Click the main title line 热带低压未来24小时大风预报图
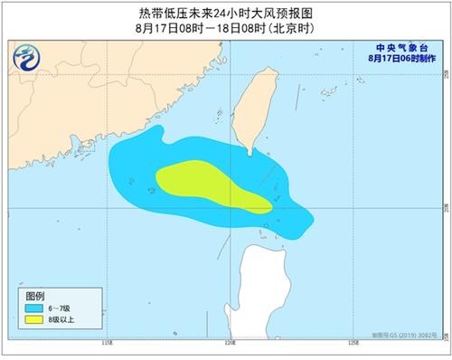[225, 12]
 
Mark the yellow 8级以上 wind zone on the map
[208, 181]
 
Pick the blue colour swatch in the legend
[35, 308]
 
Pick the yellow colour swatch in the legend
[35, 319]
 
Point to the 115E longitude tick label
[107, 343]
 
